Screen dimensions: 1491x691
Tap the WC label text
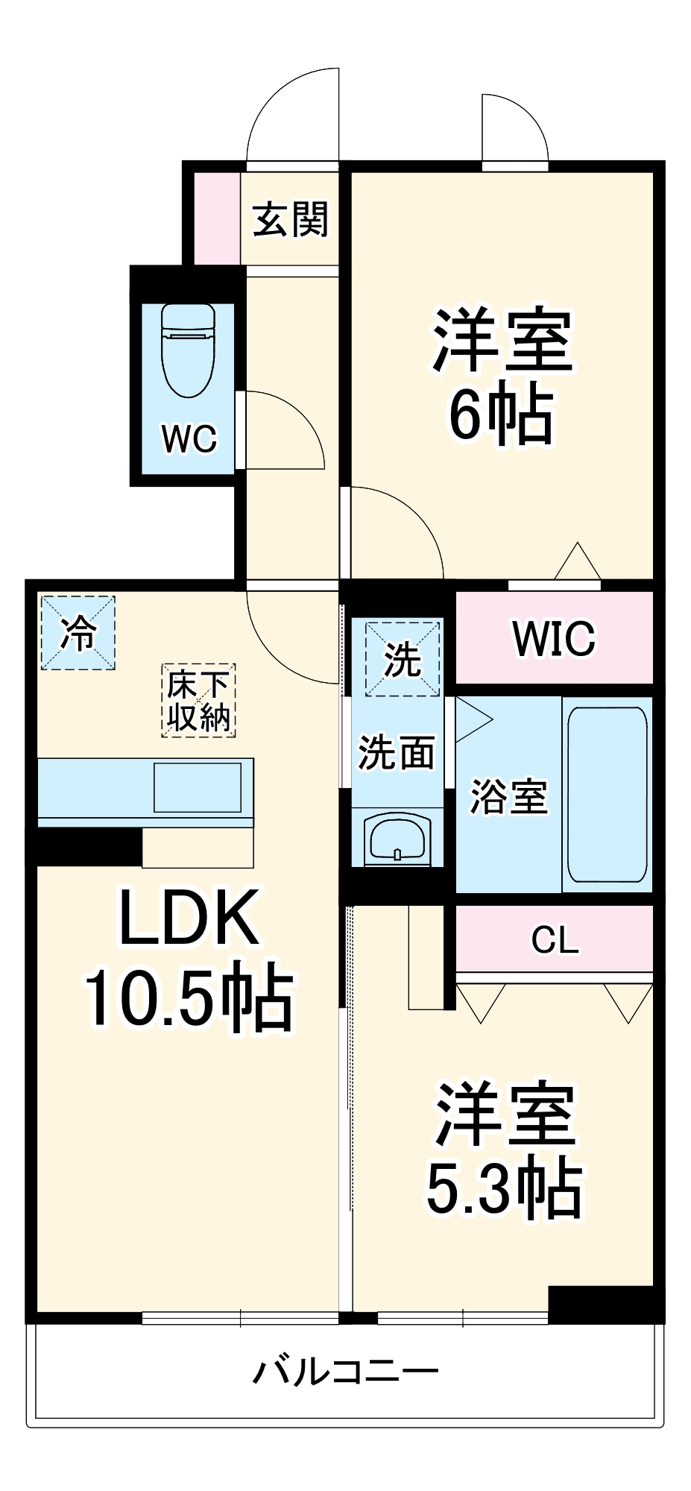(x=189, y=439)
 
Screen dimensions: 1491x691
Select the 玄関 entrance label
(x=291, y=220)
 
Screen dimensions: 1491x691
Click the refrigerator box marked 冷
(x=78, y=633)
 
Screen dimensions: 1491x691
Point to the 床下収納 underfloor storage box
(x=198, y=701)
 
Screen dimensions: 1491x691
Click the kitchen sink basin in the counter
(x=198, y=787)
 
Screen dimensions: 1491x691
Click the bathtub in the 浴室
(x=608, y=794)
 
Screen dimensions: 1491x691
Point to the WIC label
(x=554, y=638)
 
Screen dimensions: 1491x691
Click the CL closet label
(x=555, y=940)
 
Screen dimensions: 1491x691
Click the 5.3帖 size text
(x=504, y=1188)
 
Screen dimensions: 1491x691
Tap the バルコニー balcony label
(x=345, y=1371)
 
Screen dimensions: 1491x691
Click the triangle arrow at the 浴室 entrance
(x=471, y=719)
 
